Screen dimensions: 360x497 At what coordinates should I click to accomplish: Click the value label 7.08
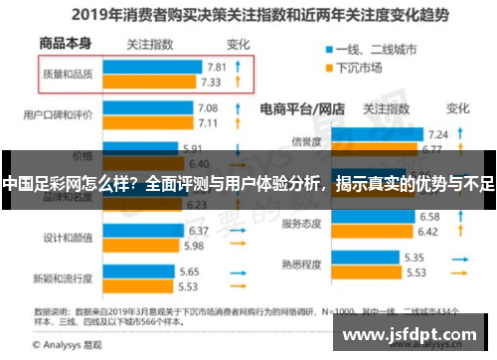click(208, 106)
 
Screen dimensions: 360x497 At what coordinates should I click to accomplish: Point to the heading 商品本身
click(65, 44)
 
